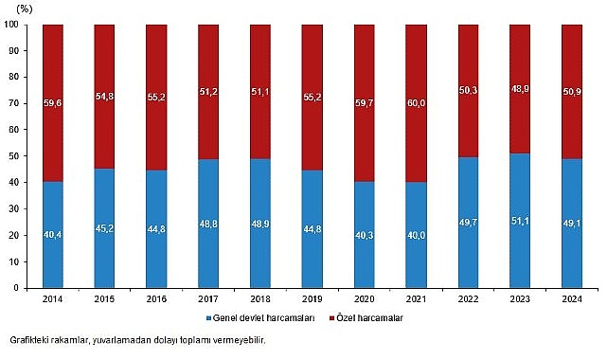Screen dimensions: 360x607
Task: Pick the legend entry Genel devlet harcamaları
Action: [259, 318]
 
